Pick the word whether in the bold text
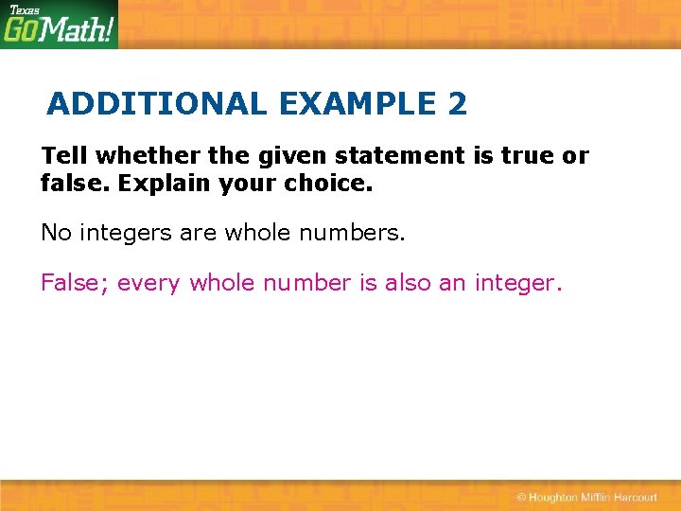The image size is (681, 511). (x=130, y=155)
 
